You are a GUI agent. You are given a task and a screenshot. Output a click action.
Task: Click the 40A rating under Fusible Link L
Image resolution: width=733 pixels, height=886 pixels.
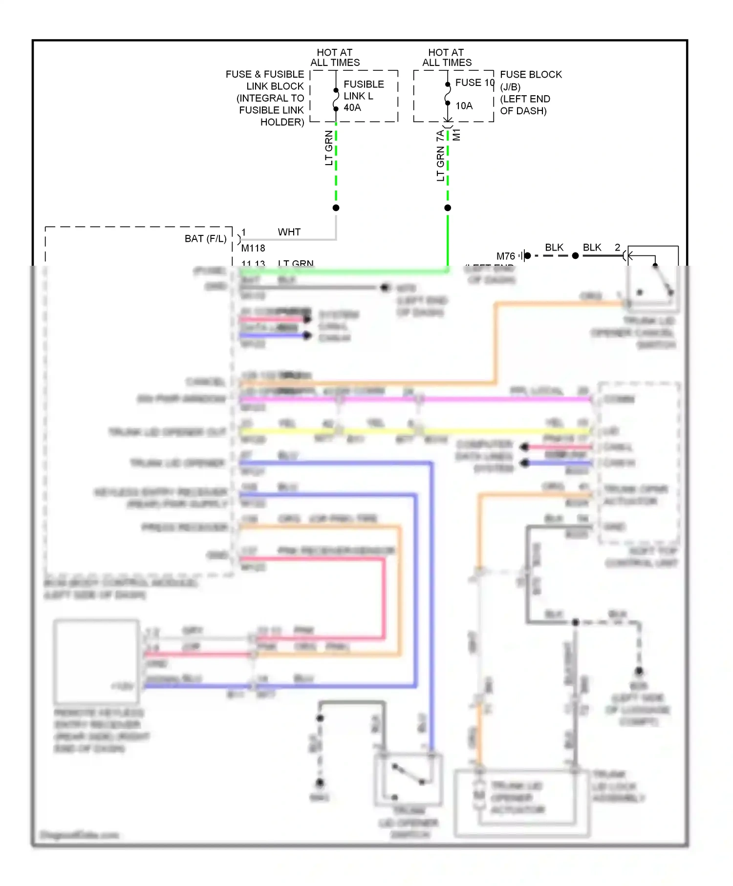click(352, 107)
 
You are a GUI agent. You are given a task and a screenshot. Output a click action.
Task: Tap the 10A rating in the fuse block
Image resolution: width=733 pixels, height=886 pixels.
click(464, 106)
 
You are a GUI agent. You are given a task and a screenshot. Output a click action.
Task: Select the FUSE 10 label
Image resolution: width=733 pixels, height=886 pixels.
click(474, 83)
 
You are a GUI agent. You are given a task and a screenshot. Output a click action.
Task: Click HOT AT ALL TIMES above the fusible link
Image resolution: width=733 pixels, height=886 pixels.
click(335, 57)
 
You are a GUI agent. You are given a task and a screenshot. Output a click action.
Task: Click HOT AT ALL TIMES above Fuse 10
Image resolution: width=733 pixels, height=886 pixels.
click(447, 57)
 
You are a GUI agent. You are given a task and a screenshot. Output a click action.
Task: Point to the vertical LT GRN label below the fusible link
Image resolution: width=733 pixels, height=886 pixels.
click(329, 148)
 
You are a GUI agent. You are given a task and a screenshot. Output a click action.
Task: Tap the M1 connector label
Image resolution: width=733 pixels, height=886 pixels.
click(457, 135)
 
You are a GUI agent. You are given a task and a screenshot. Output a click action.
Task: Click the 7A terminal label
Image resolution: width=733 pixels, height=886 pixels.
click(440, 136)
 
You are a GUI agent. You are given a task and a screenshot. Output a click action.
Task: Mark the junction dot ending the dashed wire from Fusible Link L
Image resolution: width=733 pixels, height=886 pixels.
click(336, 208)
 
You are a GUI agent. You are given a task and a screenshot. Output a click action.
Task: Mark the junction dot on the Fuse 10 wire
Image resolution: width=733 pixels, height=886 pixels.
click(448, 208)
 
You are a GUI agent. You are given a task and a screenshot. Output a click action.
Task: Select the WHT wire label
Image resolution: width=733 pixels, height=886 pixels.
click(289, 232)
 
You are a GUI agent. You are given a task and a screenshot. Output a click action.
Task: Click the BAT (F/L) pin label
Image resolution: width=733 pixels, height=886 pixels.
click(205, 239)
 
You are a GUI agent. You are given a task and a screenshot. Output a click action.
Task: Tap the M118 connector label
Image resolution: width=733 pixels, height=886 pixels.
click(253, 248)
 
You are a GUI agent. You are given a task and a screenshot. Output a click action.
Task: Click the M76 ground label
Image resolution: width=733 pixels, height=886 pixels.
click(505, 256)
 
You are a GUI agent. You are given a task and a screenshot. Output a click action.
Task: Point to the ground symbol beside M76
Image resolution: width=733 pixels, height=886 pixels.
click(523, 255)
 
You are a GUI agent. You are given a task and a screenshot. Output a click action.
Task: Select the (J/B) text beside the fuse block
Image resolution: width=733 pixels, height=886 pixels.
click(510, 87)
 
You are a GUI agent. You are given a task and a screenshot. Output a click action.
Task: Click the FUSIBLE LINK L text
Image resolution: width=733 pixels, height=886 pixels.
click(363, 90)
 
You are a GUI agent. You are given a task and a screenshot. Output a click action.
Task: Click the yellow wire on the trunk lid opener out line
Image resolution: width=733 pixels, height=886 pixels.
click(288, 431)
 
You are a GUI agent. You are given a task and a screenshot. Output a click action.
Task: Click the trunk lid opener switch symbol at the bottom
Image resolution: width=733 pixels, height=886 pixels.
click(409, 780)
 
